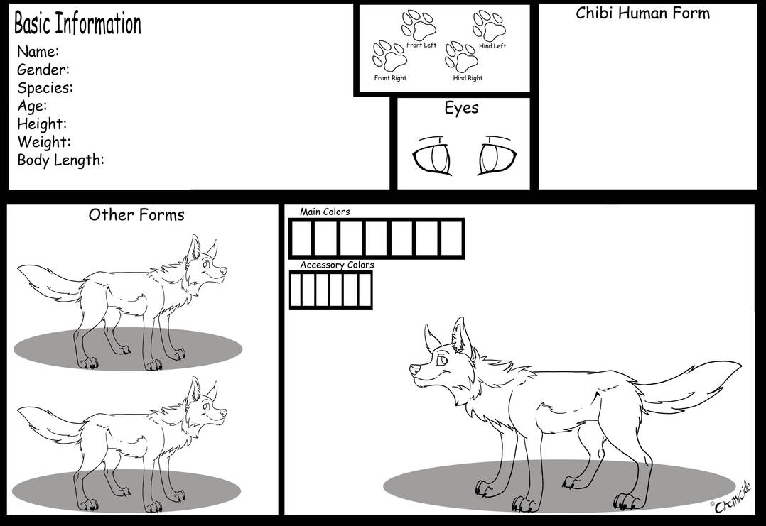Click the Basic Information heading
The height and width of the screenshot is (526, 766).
click(x=77, y=24)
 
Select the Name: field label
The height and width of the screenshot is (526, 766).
click(x=38, y=52)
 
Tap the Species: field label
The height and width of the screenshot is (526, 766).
click(x=45, y=88)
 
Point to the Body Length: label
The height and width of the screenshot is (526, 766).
click(x=60, y=160)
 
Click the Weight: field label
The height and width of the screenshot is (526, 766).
click(x=43, y=142)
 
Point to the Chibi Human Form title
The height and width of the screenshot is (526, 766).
click(x=642, y=13)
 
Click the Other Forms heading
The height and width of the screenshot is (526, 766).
click(x=136, y=214)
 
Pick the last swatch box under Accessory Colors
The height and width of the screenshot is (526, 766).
click(x=365, y=290)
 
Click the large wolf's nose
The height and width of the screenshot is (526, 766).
click(x=413, y=368)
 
